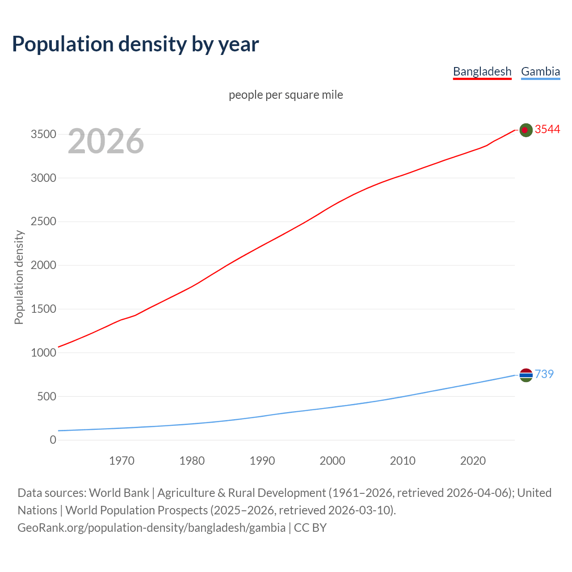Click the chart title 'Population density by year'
tap(135, 44)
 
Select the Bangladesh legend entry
tap(482, 71)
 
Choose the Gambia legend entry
tap(540, 71)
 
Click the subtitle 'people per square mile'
tap(286, 95)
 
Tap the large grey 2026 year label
tap(106, 141)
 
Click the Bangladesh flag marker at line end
tap(526, 130)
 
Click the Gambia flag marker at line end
tap(526, 375)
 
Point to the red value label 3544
tap(547, 129)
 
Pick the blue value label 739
tap(544, 374)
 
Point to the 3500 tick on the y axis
tap(43, 135)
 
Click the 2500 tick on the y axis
tap(43, 222)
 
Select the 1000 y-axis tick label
tap(43, 353)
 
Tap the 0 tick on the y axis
tap(53, 440)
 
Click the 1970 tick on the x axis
tap(122, 461)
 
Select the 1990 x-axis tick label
tap(262, 461)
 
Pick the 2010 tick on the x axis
tap(403, 461)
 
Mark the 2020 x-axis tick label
tap(473, 461)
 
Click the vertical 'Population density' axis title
tap(19, 277)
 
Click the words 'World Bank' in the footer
tap(119, 493)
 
